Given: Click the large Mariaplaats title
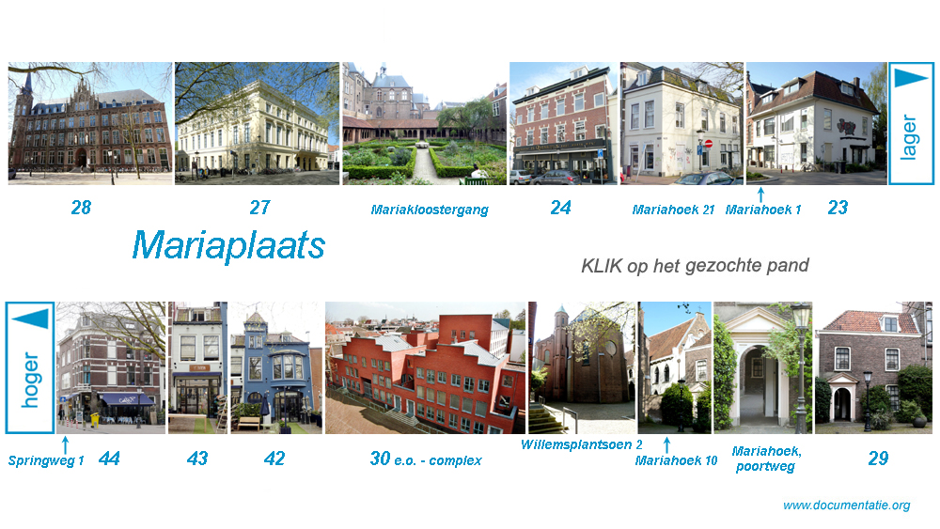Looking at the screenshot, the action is point(228,245).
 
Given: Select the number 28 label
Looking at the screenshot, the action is point(81,208).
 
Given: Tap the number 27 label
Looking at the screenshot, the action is point(259,208).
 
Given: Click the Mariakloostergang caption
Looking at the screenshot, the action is point(430,210).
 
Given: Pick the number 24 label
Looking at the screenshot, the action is point(560,208).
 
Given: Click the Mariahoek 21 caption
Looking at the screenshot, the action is point(673,210).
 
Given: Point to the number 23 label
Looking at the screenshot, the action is point(838,208).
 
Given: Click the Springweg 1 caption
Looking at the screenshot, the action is point(45,460).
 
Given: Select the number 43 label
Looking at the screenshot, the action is point(197,459).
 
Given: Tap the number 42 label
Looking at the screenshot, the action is point(274,459).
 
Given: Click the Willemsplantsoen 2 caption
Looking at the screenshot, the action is point(582,444).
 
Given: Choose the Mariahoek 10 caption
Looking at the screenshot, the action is point(676,460).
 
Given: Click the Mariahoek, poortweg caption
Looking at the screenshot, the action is point(766,459).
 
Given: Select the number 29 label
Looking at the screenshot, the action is point(878,459).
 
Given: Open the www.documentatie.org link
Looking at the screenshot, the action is point(847,505).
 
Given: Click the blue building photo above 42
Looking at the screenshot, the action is point(276,367).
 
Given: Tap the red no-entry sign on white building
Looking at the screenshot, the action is point(708,144).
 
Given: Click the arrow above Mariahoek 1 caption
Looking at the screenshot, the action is point(760,194).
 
